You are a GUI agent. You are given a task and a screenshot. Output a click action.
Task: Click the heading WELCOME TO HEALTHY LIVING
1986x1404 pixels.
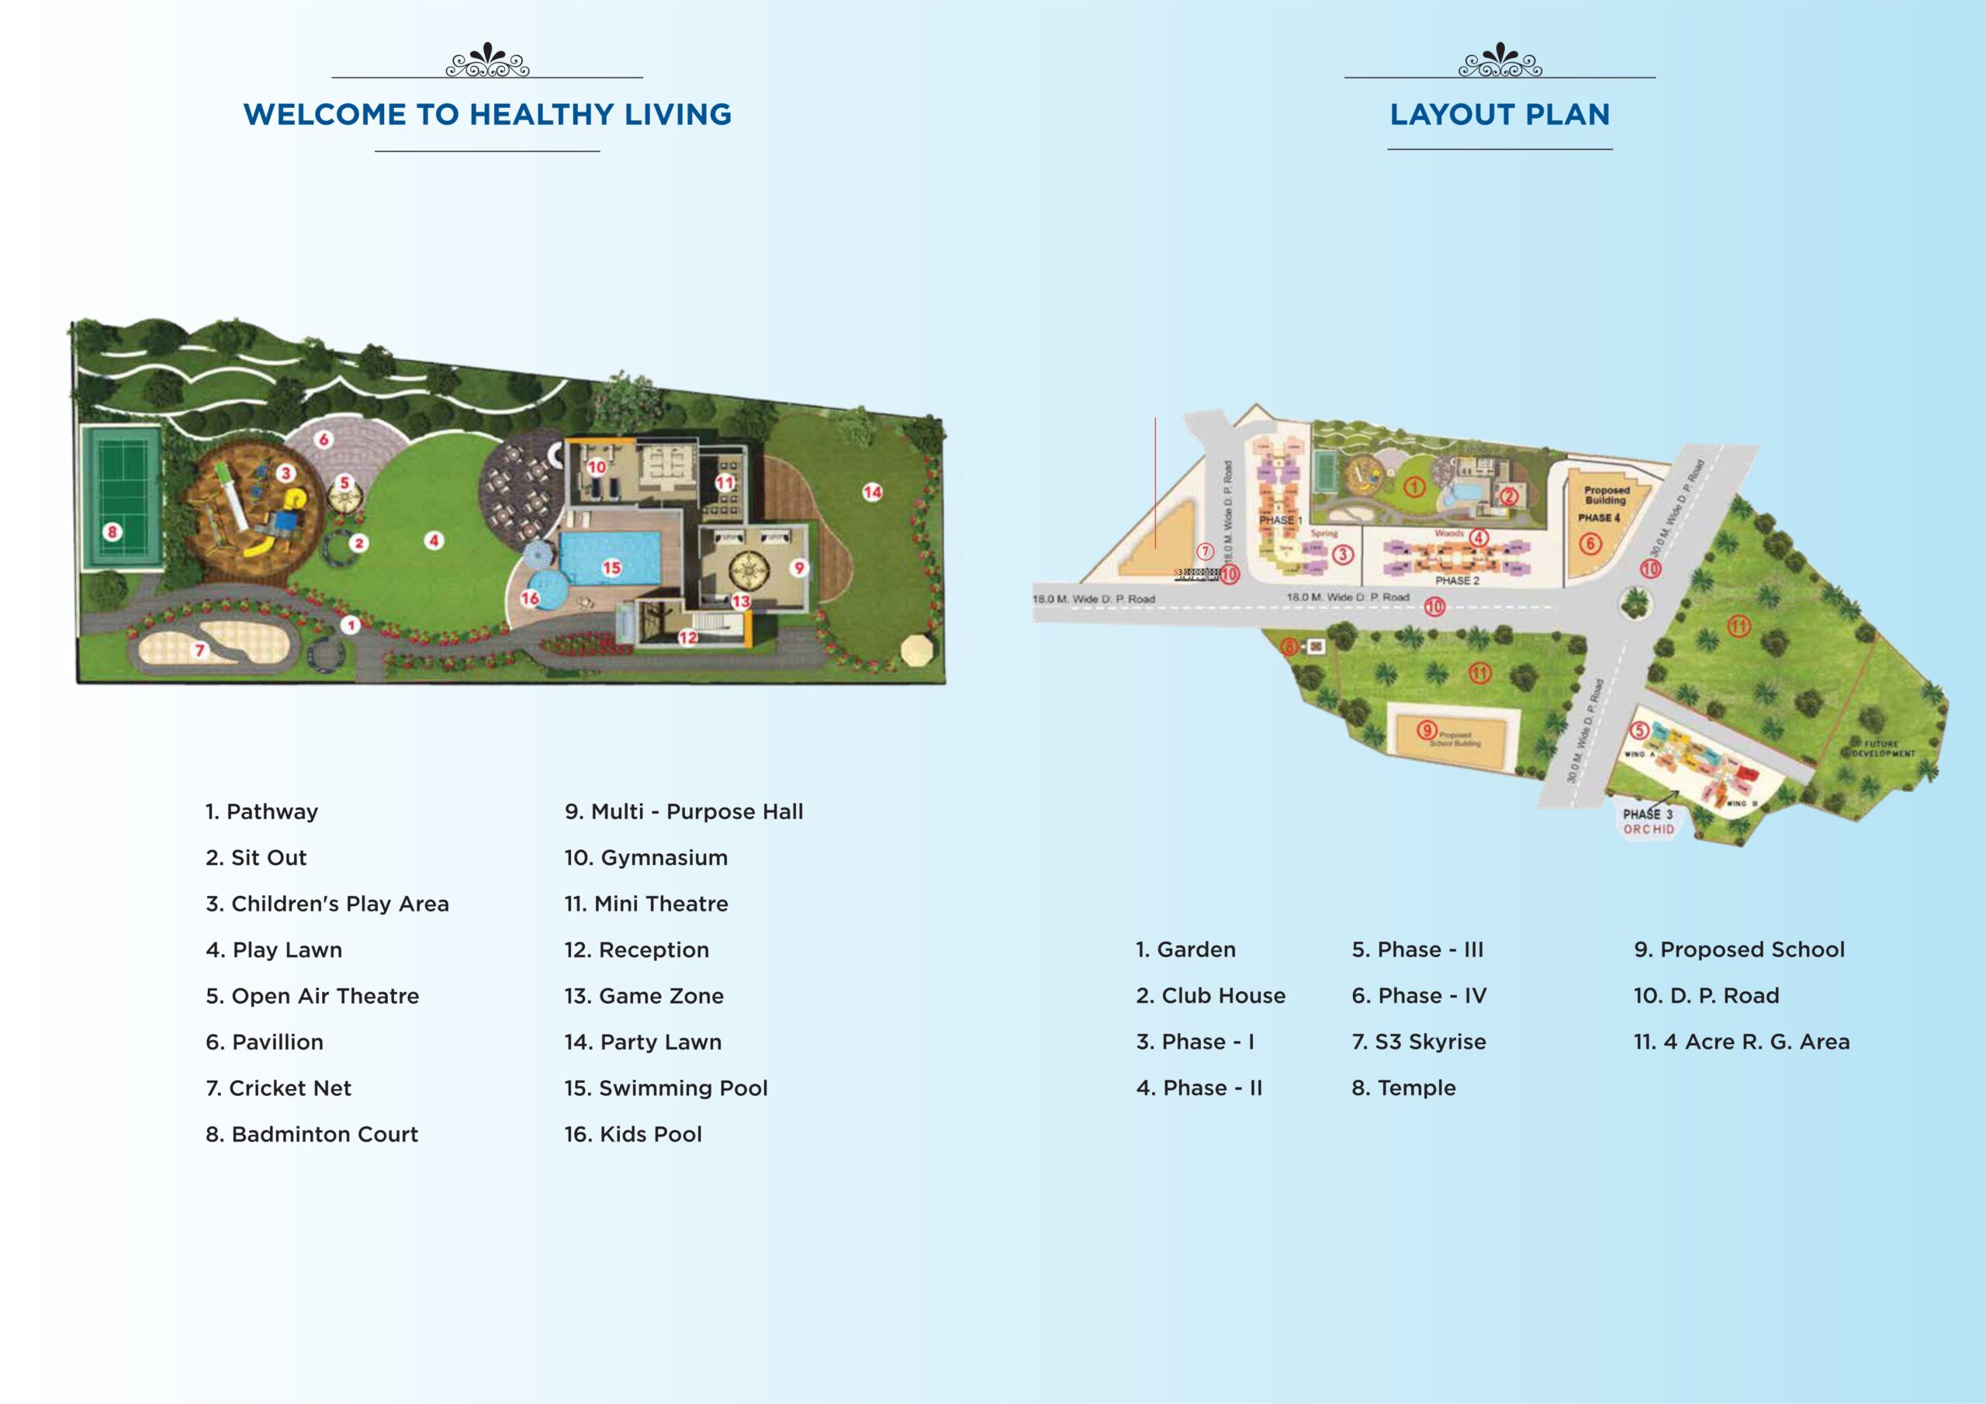(487, 114)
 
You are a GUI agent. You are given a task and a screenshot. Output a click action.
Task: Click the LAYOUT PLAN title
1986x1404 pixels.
(1499, 114)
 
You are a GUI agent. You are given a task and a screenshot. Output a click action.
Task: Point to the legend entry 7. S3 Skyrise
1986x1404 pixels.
(1419, 1042)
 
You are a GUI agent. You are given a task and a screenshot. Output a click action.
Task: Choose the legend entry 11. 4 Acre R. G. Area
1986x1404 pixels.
(1741, 1042)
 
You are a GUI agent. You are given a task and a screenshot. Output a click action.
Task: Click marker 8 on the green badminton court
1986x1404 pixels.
(112, 531)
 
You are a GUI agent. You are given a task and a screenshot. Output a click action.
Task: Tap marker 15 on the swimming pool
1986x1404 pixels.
(611, 568)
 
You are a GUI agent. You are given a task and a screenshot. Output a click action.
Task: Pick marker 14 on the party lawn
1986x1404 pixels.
(872, 493)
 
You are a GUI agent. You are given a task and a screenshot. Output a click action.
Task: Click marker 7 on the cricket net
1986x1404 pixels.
(200, 650)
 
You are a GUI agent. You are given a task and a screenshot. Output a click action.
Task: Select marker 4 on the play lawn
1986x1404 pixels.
(434, 541)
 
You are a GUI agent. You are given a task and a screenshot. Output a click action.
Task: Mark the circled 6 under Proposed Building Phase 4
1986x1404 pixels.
(1590, 543)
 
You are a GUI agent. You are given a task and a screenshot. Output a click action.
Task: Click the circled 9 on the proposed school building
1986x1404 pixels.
(1427, 730)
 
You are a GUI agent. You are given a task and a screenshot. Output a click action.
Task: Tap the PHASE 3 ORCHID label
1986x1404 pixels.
(1648, 821)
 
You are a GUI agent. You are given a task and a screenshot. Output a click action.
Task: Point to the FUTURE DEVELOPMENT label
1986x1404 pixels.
(1882, 749)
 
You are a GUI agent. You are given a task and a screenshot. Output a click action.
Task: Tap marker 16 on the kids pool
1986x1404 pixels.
(529, 598)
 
